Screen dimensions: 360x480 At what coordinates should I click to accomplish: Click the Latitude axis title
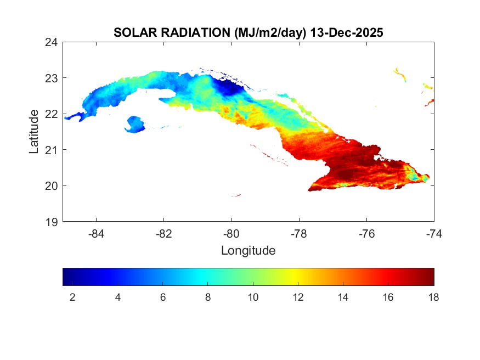34,131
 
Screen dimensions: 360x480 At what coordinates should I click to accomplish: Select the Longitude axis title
248,251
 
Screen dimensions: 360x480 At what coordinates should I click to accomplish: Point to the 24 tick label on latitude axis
52,42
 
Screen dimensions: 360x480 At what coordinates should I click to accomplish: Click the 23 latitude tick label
52,78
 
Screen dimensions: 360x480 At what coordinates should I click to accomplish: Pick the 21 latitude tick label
52,150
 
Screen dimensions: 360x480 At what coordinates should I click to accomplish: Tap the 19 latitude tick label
52,222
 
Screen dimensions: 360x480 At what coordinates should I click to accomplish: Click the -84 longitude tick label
97,233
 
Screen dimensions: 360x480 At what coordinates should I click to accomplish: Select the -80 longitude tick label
231,233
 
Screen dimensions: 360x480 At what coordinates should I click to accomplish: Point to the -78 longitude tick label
299,233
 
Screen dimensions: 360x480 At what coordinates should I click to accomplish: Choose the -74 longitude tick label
434,233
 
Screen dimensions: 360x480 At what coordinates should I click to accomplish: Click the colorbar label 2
72,297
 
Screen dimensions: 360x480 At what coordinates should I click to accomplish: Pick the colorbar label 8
208,297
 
